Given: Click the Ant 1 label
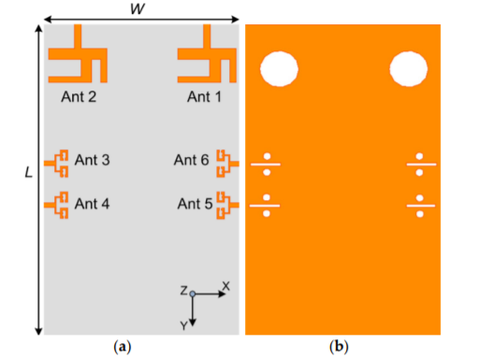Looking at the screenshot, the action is tap(204, 96).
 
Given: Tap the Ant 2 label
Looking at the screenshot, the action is tap(79, 96).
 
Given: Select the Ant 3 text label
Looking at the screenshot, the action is tap(92, 160).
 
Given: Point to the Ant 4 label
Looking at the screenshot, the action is tap(92, 204).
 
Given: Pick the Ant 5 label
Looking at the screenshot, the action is tap(196, 204).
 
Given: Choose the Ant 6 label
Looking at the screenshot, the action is tap(192, 160).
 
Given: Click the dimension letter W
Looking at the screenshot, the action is tap(138, 8).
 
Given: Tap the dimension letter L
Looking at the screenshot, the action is tap(29, 172).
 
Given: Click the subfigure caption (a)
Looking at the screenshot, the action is tap(122, 347).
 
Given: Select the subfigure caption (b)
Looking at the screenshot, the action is tap(339, 347).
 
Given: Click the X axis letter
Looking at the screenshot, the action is tap(226, 286).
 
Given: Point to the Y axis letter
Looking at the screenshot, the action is tap(184, 326).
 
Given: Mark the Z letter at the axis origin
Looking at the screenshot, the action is tap(183, 291).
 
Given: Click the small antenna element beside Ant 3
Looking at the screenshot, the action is tap(56, 164).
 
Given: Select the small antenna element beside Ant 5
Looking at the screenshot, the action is tap(228, 205).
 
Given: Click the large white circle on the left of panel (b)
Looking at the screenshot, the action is tap(279, 69).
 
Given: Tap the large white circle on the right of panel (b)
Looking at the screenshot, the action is tap(409, 69).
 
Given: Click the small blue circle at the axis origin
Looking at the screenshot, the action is tap(193, 294).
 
